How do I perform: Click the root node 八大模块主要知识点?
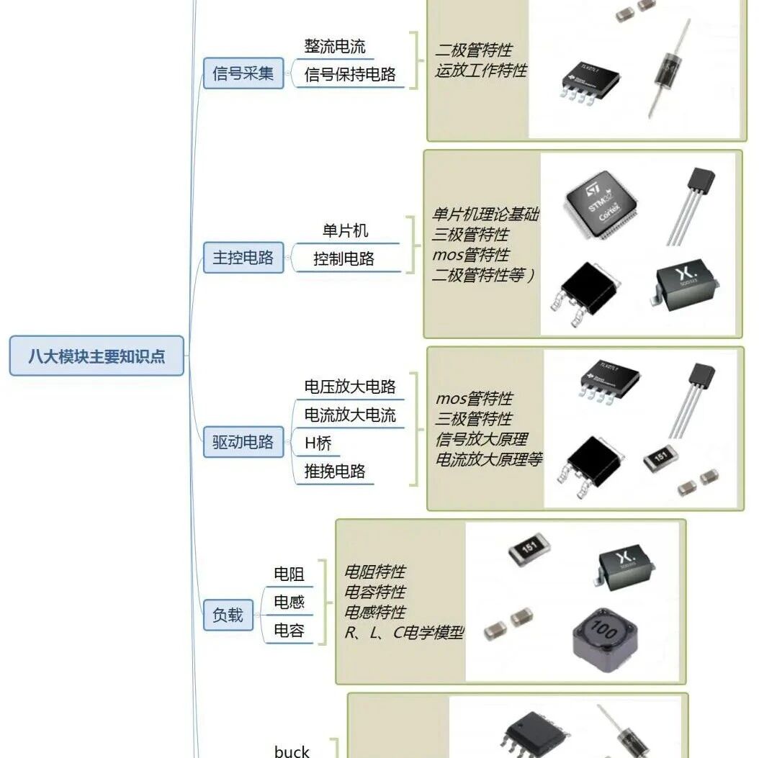pos(96,356)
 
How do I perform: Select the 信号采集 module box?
pos(243,73)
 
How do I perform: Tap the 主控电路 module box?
pos(243,257)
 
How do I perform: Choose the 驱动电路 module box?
pos(243,442)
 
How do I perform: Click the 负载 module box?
pos(228,615)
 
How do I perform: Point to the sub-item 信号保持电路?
pos(350,74)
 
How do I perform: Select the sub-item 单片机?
pos(345,230)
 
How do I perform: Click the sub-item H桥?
pos(318,443)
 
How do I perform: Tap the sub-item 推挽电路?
pos(334,472)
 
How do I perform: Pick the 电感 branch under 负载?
pos(289,602)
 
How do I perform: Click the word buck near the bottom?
pos(292,751)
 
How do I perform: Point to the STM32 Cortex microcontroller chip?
pos(601,204)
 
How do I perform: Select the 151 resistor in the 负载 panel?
pos(529,549)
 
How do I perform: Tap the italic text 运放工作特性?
pos(480,71)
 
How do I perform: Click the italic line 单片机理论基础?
pos(485,214)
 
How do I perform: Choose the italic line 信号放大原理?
pos(481,439)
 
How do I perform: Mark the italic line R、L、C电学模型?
pos(404,632)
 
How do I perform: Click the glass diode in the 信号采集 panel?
pos(670,68)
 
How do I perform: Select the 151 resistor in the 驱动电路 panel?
pos(660,458)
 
